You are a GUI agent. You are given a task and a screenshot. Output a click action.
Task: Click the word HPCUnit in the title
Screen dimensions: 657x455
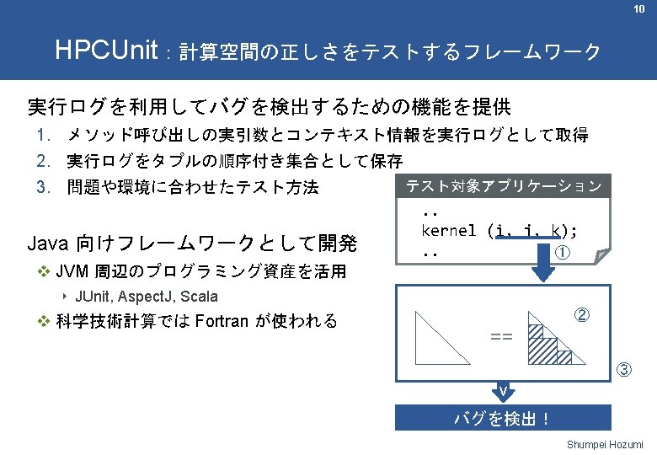pyautogui.click(x=106, y=51)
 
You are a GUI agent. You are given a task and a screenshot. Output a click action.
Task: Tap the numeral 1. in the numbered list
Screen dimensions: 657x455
pyautogui.click(x=44, y=136)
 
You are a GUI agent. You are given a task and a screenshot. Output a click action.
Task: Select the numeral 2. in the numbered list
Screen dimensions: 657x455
pyautogui.click(x=44, y=160)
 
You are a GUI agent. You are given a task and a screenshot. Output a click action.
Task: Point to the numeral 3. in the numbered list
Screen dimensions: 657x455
pyautogui.click(x=44, y=186)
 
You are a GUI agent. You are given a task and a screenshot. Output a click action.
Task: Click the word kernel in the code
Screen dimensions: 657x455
pyautogui.click(x=449, y=229)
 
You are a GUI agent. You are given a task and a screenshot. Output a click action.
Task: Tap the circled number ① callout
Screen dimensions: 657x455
pyautogui.click(x=563, y=251)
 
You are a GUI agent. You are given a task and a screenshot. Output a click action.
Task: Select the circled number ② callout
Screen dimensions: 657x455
pyautogui.click(x=581, y=317)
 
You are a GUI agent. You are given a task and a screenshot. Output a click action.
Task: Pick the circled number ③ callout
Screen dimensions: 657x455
pyautogui.click(x=624, y=369)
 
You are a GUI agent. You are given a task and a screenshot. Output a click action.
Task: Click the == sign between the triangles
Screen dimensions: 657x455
pyautogui.click(x=501, y=337)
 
